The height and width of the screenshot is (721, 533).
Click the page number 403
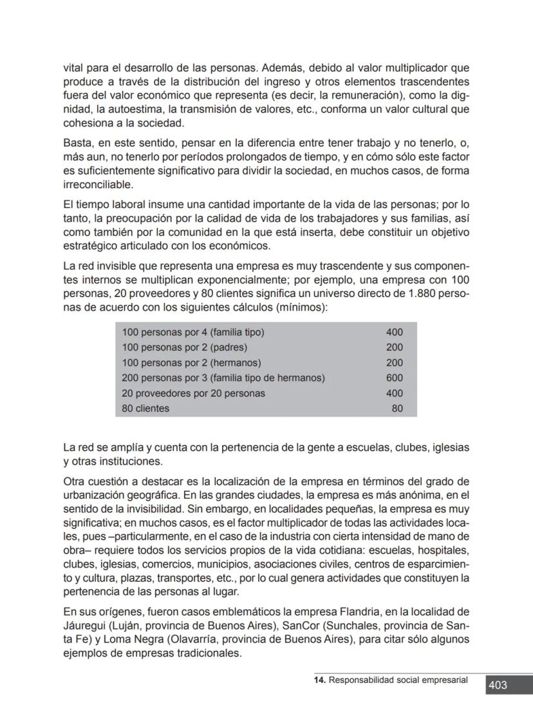point(498,685)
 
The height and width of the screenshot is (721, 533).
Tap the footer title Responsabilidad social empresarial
point(398,680)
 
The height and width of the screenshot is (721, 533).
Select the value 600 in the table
point(394,378)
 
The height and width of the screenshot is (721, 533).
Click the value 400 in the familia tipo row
point(394,332)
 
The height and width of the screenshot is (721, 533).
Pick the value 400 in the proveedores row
point(394,393)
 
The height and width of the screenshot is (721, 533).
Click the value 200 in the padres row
point(394,347)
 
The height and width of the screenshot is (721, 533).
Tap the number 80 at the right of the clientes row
point(397,409)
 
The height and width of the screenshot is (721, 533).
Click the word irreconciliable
point(97,185)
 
